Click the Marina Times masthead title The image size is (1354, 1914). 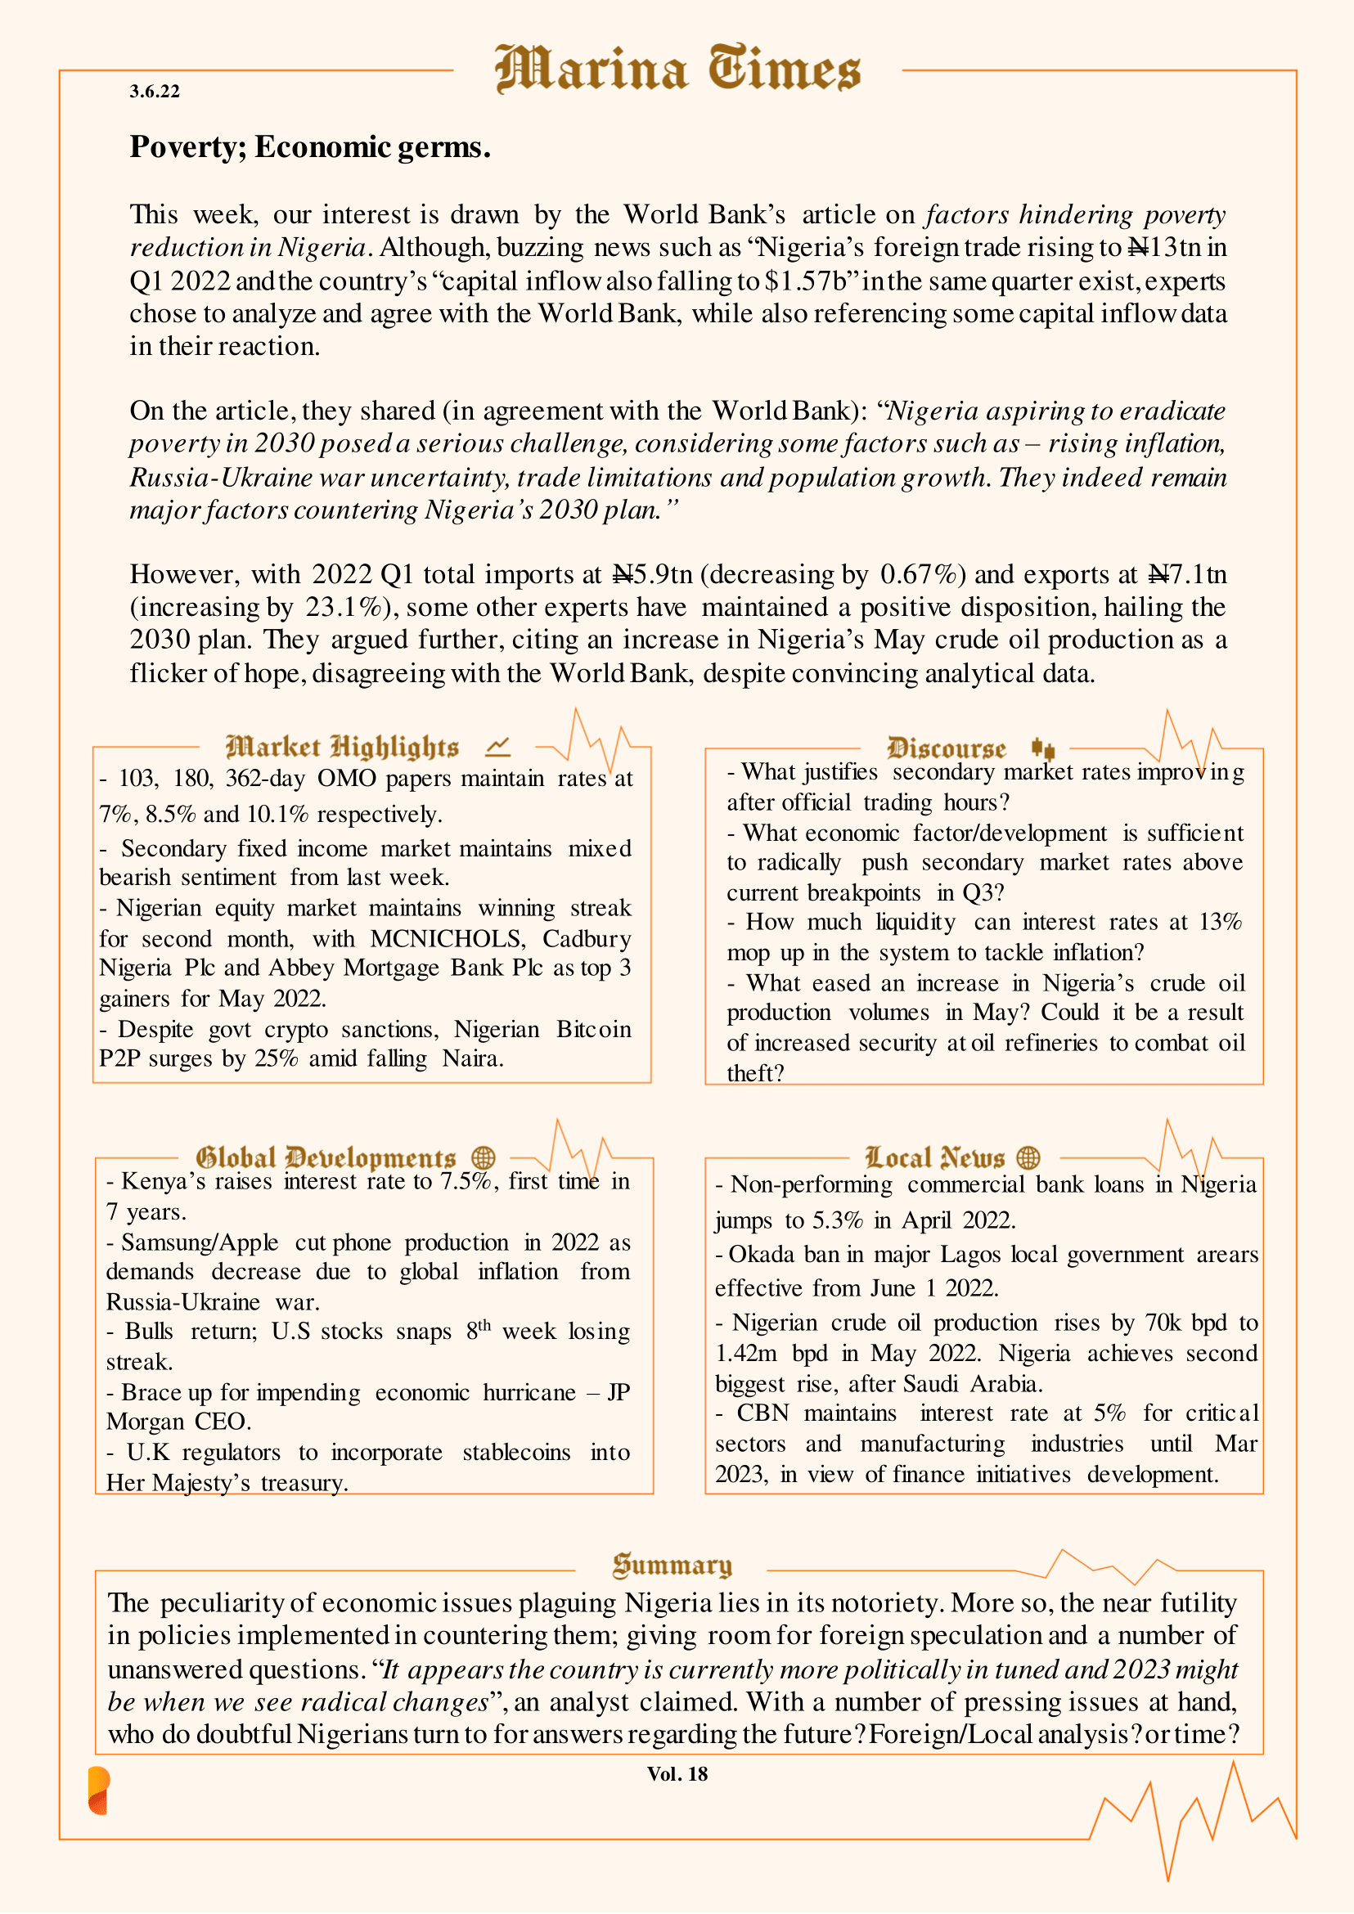coord(677,70)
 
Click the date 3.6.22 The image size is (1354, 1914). coord(155,92)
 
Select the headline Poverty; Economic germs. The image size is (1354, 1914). coord(309,146)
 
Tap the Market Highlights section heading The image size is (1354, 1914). coord(342,747)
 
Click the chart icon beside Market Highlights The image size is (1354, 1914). coord(497,746)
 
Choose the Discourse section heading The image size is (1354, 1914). coord(947,748)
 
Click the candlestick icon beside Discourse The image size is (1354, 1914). coord(1042,748)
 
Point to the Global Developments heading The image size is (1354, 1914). coord(325,1158)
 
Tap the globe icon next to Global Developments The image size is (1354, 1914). coord(484,1158)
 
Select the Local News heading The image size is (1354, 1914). coord(934,1158)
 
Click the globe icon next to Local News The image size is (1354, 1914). coord(1029,1158)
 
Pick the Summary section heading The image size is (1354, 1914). coord(672,1566)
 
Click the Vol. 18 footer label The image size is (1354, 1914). coord(677,1774)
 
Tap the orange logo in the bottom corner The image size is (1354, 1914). coord(99,1790)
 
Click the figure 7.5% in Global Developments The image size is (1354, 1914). coord(467,1182)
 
